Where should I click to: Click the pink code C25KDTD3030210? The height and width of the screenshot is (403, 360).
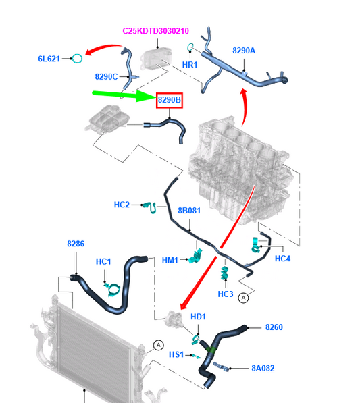pos(155,31)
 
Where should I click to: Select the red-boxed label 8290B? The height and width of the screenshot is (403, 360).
pos(170,100)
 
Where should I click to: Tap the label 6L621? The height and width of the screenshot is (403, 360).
pos(49,59)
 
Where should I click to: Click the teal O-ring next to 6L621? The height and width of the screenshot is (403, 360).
pos(77,59)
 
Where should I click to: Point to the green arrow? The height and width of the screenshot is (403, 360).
pos(124,95)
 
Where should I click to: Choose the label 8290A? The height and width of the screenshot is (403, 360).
pos(244,51)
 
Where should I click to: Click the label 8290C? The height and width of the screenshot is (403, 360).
pos(106,76)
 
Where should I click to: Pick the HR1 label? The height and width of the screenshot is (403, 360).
pos(190,65)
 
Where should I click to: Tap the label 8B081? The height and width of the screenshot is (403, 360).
pos(189,211)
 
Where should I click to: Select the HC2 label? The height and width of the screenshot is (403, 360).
pos(122,205)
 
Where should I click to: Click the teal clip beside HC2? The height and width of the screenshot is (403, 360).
pos(151,207)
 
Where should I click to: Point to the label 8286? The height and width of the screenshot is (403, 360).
pos(76,244)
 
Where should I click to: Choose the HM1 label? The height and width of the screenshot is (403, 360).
pos(170,261)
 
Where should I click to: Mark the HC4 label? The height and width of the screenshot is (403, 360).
pos(282,259)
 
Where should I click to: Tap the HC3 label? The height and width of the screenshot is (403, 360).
pos(226,294)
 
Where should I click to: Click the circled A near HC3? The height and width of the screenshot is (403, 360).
pos(243,298)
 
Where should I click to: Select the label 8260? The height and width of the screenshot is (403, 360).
pos(274,327)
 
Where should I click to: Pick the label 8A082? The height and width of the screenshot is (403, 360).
pos(263,368)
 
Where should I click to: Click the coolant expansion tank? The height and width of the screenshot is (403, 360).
pos(107,119)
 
